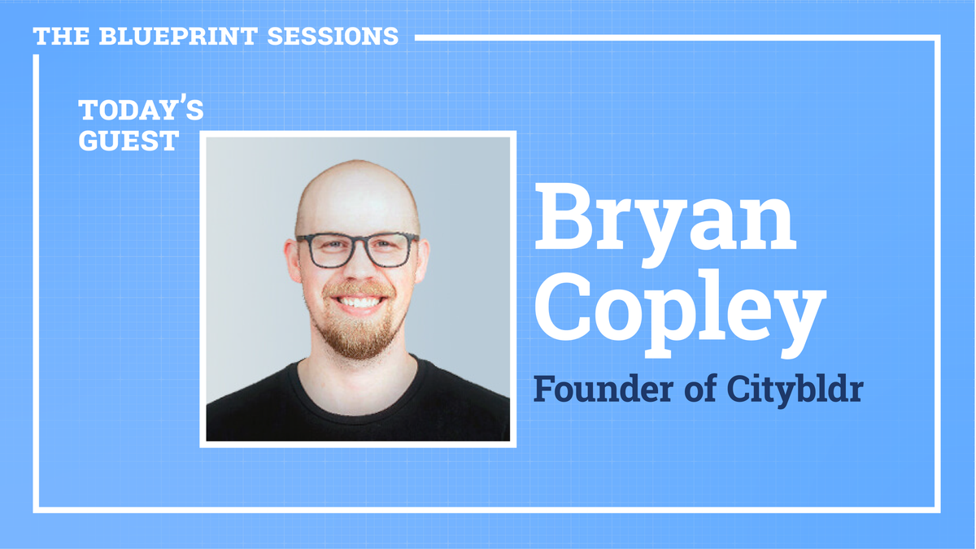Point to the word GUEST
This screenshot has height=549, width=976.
(128, 141)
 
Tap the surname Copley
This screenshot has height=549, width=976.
(679, 308)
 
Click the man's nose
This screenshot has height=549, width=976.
(359, 272)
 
